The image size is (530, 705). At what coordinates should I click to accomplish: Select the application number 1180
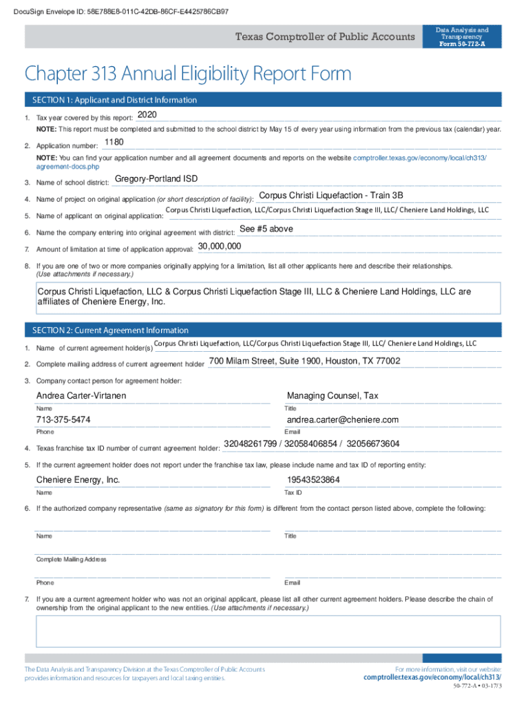[114, 143]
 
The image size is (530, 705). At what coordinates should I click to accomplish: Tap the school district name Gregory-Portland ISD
[156, 179]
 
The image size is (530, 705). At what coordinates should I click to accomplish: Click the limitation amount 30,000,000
[220, 246]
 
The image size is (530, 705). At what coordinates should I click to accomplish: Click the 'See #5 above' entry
[266, 229]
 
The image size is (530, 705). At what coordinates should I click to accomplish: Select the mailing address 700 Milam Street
[304, 361]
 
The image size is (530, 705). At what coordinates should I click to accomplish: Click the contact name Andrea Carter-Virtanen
[81, 396]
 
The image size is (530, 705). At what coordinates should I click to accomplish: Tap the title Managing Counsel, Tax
[332, 396]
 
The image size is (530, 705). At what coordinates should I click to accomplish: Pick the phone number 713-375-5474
[63, 420]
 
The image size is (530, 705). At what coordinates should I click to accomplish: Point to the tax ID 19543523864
[313, 480]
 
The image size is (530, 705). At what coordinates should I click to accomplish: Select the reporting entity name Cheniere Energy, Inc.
[78, 480]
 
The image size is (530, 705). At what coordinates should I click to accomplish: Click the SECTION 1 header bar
[262, 100]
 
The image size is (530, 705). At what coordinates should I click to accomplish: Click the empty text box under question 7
[268, 631]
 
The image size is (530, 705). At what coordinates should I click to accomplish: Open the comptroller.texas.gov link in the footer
[432, 677]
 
